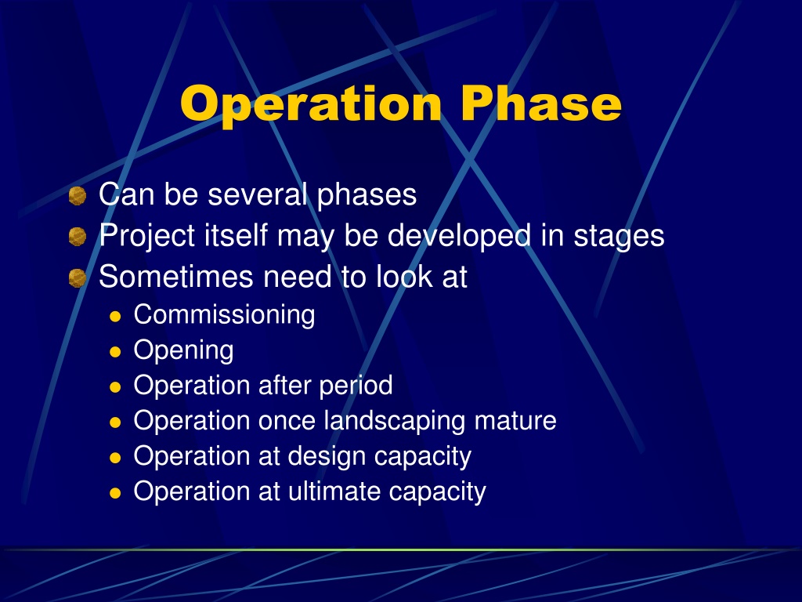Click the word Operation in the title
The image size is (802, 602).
tap(310, 105)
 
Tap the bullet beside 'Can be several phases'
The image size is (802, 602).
tap(78, 195)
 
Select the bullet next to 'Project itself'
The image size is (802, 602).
tap(78, 237)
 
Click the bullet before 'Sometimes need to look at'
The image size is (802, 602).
tap(78, 278)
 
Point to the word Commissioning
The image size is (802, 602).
tap(224, 315)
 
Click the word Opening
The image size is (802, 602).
tap(183, 350)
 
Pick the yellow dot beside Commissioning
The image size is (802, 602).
tap(115, 317)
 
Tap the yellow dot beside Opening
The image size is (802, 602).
tap(115, 352)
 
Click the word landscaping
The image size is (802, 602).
tap(395, 421)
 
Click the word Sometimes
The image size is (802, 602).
tap(176, 277)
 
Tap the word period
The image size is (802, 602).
tap(356, 386)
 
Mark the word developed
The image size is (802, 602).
tap(459, 236)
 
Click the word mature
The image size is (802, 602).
tap(515, 421)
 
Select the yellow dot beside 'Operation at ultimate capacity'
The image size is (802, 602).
tap(115, 493)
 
